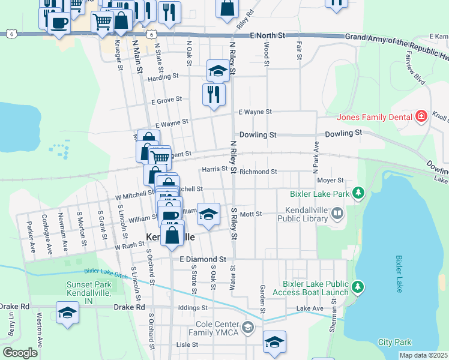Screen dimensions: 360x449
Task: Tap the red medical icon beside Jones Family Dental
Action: (x=421, y=116)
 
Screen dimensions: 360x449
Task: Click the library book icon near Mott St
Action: (x=337, y=213)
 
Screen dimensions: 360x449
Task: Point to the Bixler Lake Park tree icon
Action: (x=358, y=193)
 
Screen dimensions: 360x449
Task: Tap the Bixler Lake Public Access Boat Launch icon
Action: (x=358, y=287)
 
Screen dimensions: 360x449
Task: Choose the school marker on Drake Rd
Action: (x=67, y=313)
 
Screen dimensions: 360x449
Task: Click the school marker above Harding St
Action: (x=218, y=71)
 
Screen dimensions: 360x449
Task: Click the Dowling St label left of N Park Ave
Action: (x=258, y=135)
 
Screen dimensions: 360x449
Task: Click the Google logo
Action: (x=20, y=353)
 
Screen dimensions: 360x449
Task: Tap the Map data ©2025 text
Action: (x=423, y=355)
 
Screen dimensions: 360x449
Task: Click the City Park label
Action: (x=394, y=342)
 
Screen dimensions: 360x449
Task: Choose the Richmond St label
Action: (x=258, y=172)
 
